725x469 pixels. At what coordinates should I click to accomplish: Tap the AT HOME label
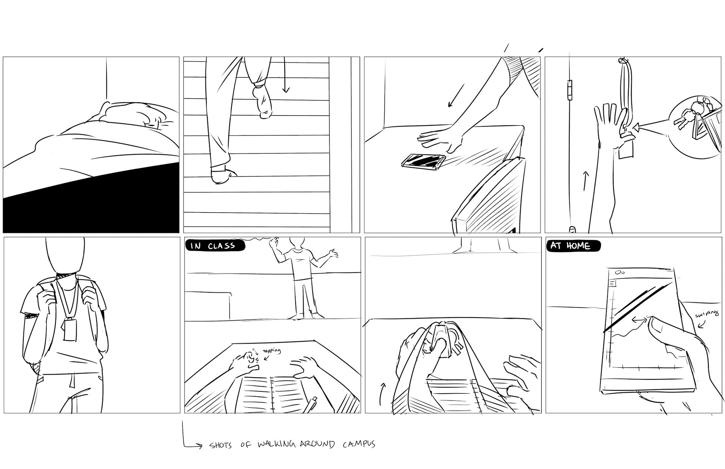click(572, 246)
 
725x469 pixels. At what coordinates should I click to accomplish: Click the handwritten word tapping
click(271, 351)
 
